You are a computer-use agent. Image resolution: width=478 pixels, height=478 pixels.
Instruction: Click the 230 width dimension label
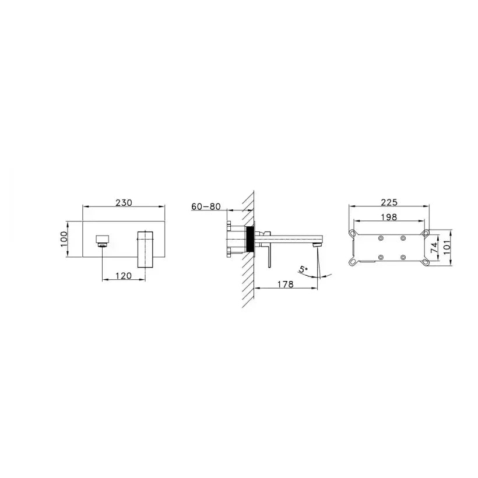123,202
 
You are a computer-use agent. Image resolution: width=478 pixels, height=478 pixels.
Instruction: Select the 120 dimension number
122,276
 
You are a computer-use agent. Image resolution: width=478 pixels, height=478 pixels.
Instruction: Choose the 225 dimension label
389,202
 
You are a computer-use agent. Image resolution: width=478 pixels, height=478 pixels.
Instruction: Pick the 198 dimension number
389,217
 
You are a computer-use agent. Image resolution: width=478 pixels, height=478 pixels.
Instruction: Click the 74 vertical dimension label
434,247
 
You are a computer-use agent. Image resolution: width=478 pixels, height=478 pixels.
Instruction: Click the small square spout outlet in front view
103,240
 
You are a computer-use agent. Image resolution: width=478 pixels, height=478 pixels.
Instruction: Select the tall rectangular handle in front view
145,249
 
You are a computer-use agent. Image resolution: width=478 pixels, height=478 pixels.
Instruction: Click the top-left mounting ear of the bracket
352,233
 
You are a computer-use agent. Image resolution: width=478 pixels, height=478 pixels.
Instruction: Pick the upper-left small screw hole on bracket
380,238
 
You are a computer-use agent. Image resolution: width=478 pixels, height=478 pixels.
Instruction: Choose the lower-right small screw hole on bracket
403,257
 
